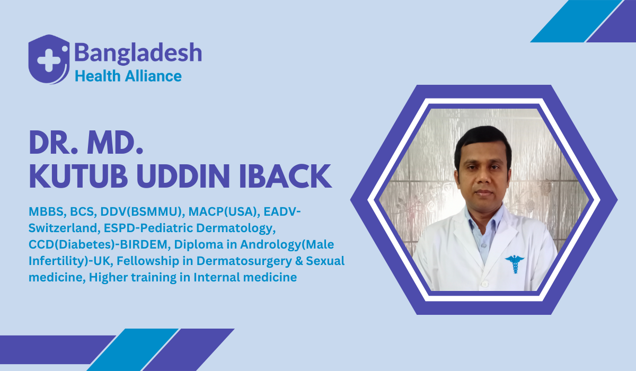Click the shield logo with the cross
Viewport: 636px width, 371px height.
(x=49, y=59)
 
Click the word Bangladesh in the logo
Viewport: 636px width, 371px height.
(x=138, y=53)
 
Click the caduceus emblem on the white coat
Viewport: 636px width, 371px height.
(x=514, y=263)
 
